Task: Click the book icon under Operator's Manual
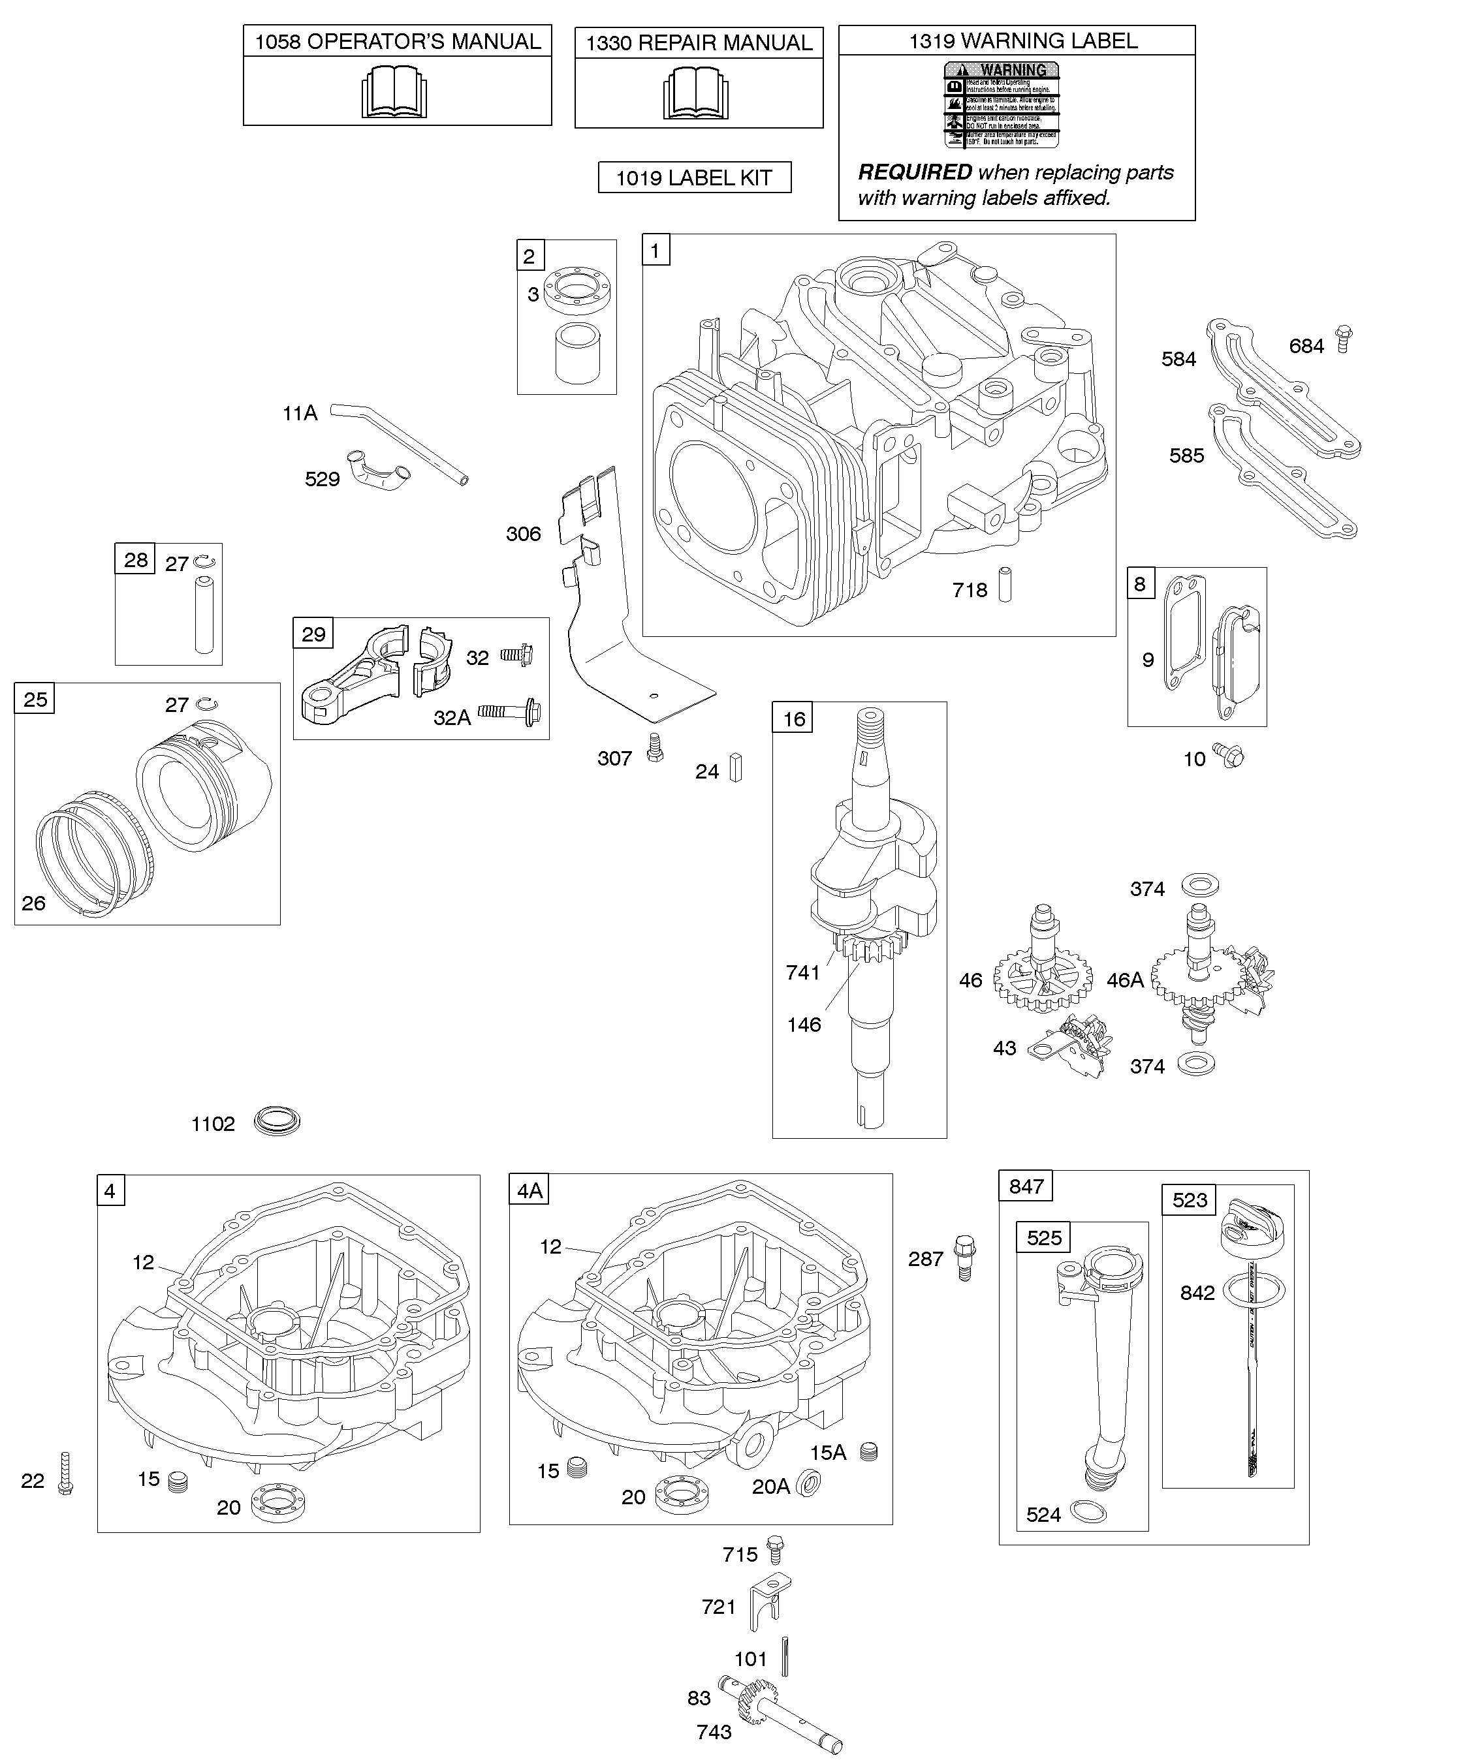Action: click(x=394, y=91)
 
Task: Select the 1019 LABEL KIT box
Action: click(x=694, y=178)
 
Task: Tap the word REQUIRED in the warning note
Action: click(x=914, y=173)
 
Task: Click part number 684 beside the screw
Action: click(x=1306, y=346)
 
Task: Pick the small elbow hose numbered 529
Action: click(x=380, y=476)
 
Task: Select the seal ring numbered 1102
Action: click(x=277, y=1122)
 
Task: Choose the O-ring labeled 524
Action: click(x=1090, y=1512)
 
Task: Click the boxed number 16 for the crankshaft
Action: click(x=793, y=719)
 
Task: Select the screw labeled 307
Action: click(x=655, y=749)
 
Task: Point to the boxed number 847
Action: click(x=1026, y=1186)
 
